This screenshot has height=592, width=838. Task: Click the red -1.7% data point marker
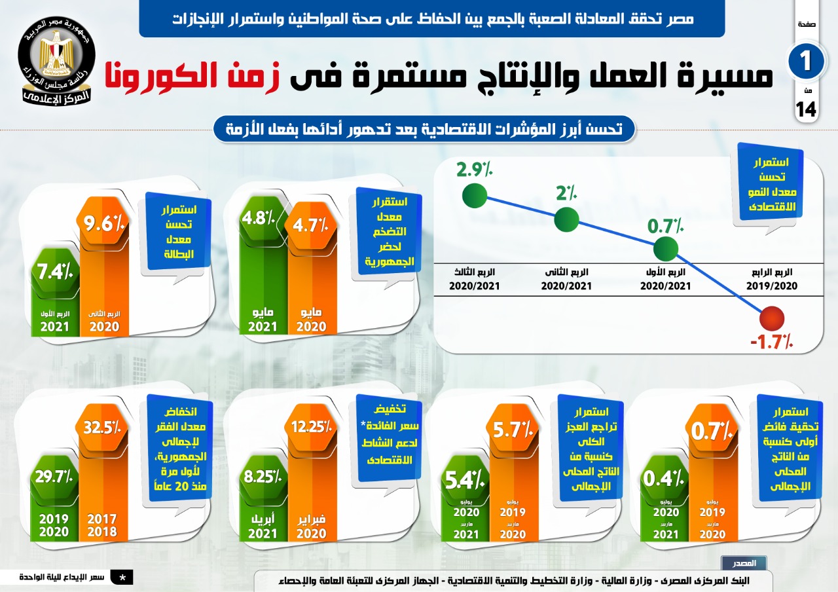773,319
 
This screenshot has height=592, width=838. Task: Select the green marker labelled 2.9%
474,194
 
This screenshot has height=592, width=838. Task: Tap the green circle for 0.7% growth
665,248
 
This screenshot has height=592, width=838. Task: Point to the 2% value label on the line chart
566,193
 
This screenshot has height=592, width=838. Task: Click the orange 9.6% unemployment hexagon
103,227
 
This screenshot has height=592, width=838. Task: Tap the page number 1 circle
806,61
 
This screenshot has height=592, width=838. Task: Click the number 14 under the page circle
806,110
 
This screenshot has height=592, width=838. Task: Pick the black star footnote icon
122,577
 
